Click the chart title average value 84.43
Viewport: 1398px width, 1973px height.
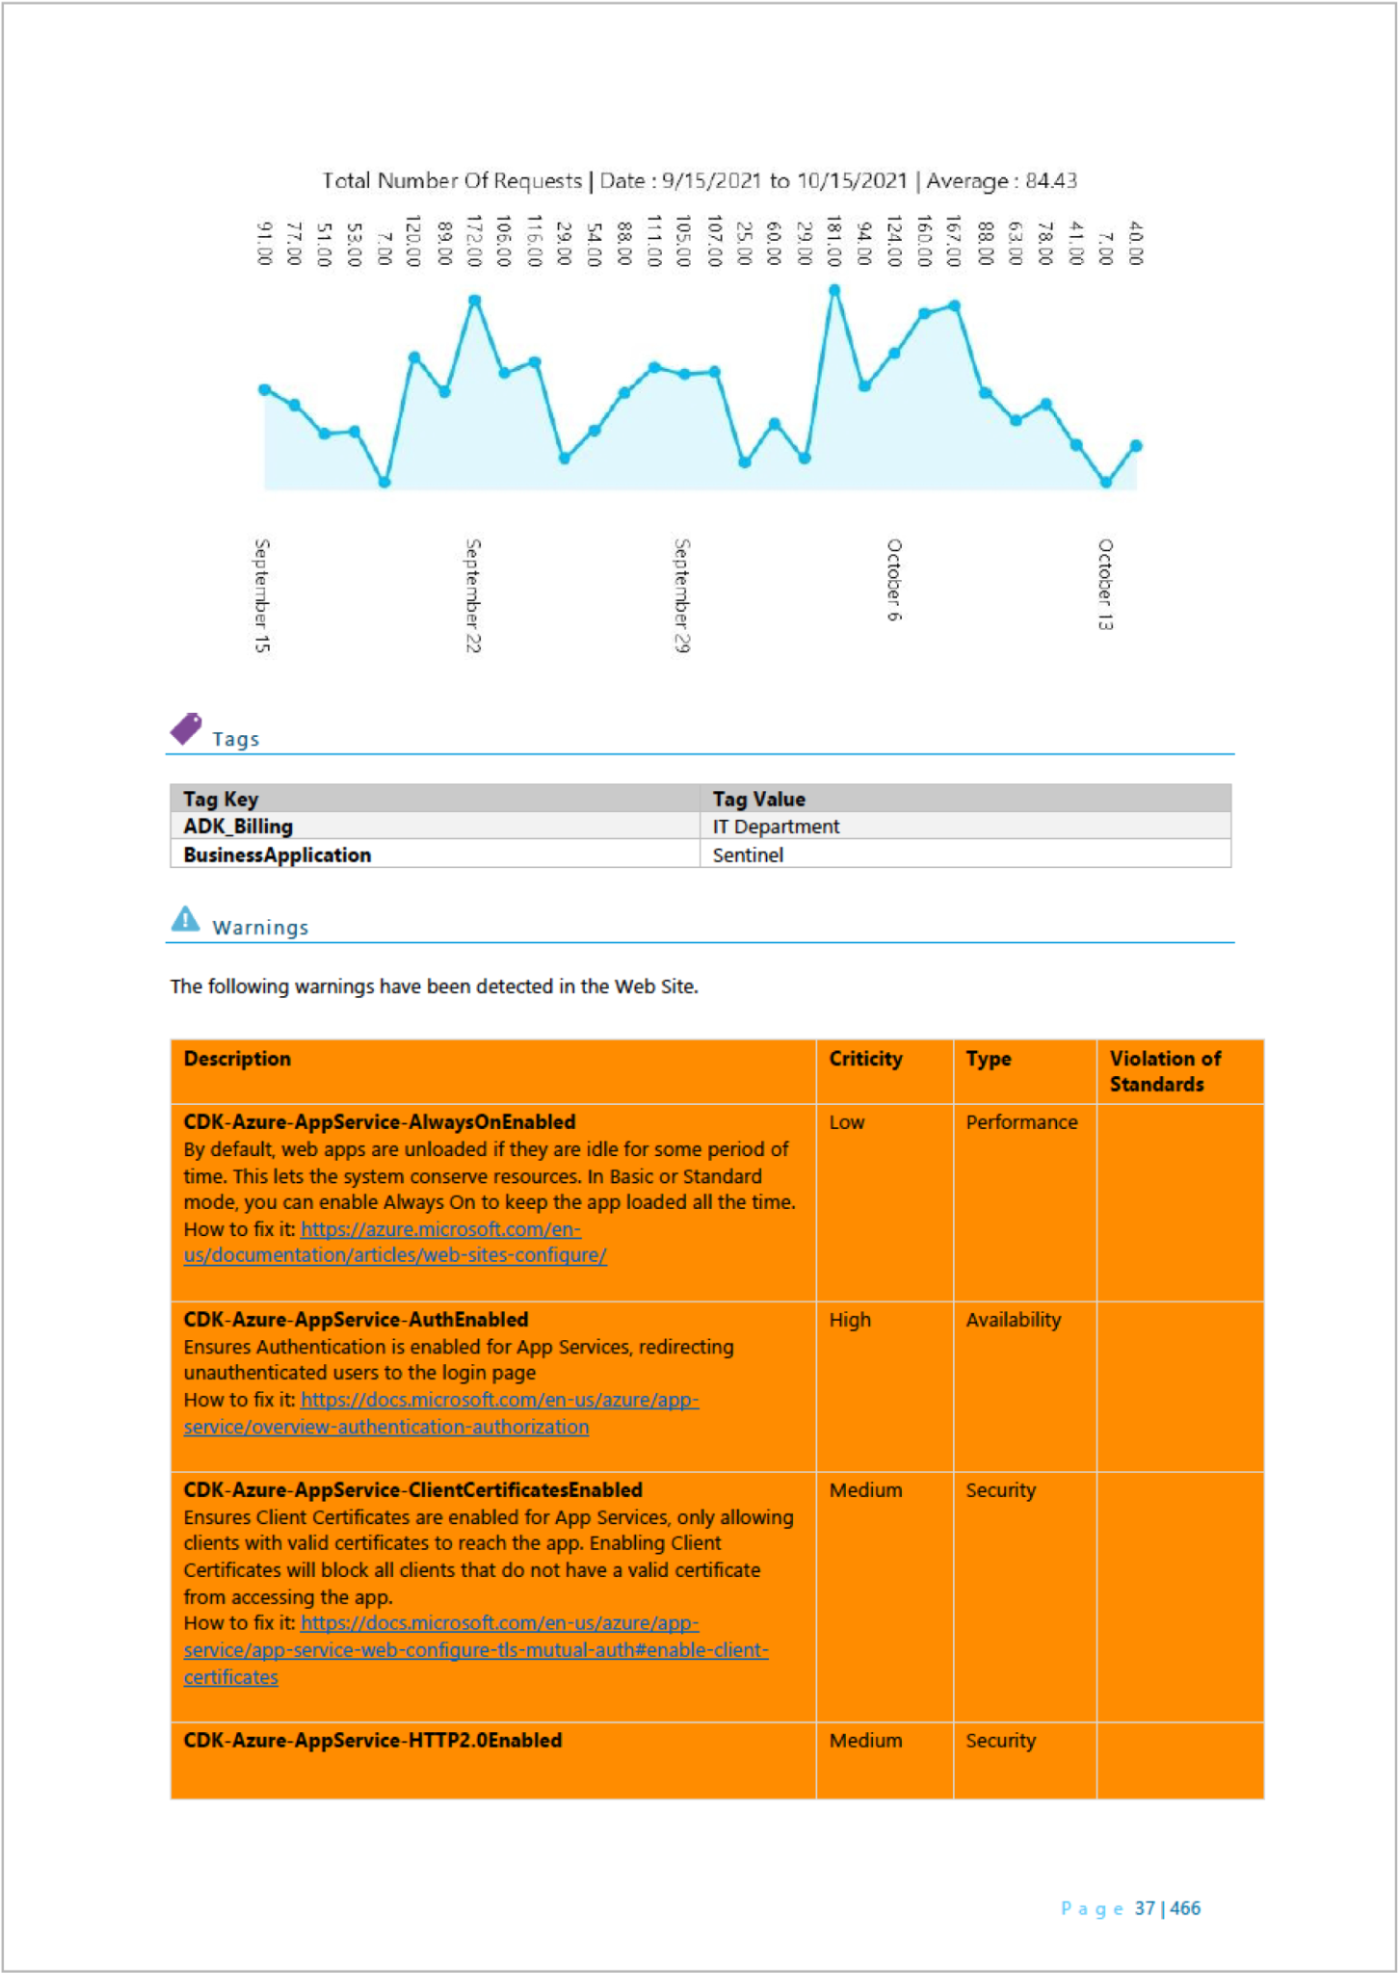click(x=1050, y=181)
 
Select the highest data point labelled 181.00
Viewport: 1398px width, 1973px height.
click(x=834, y=290)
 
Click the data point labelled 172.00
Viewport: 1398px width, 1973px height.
click(x=475, y=301)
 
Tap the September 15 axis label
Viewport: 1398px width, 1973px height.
click(x=262, y=595)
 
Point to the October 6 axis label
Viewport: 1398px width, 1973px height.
click(x=894, y=580)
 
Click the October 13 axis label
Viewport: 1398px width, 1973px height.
click(x=1105, y=585)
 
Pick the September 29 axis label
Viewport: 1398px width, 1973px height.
click(x=682, y=595)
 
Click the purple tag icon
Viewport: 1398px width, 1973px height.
click(x=186, y=728)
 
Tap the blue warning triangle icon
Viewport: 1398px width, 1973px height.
click(x=185, y=919)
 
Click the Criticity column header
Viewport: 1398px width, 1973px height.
click(x=865, y=1059)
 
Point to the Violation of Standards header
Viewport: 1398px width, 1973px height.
click(x=1164, y=1071)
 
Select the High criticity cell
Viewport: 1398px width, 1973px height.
click(x=850, y=1320)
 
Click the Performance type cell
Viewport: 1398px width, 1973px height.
click(x=1021, y=1122)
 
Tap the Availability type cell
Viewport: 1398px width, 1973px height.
click(x=1013, y=1320)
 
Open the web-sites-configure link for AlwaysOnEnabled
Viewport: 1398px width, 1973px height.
click(x=395, y=1255)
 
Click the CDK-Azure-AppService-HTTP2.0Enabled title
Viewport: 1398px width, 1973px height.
click(x=373, y=1741)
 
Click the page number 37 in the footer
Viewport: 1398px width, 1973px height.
click(x=1145, y=1908)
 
